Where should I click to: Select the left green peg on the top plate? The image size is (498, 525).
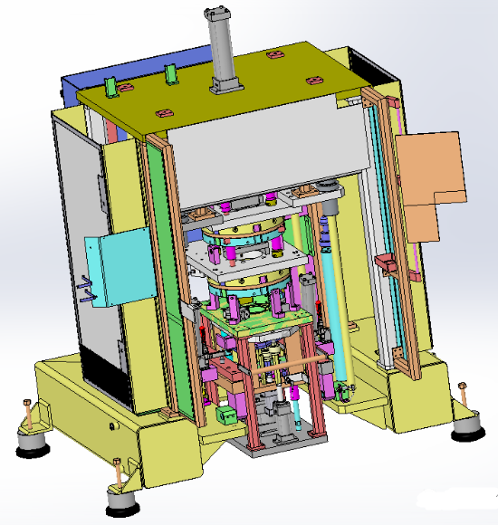110,86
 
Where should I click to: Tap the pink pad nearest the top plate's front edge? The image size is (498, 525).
164,113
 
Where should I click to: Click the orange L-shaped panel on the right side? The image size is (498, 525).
433,181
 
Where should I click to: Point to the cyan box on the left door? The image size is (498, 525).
117,266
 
